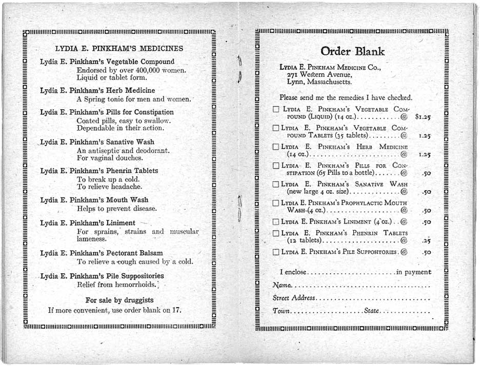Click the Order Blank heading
click(352, 51)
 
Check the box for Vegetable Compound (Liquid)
click(276, 110)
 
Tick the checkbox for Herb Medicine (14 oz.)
click(276, 147)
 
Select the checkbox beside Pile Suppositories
click(276, 252)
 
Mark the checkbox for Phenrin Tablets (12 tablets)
click(276, 233)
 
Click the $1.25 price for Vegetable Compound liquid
click(423, 117)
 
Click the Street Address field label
click(294, 298)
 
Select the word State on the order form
click(372, 311)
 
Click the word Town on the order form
click(282, 311)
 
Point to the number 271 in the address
click(293, 74)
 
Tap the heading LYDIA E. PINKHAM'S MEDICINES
click(119, 49)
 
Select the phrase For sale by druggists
click(119, 300)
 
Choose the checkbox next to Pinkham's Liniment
click(276, 222)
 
